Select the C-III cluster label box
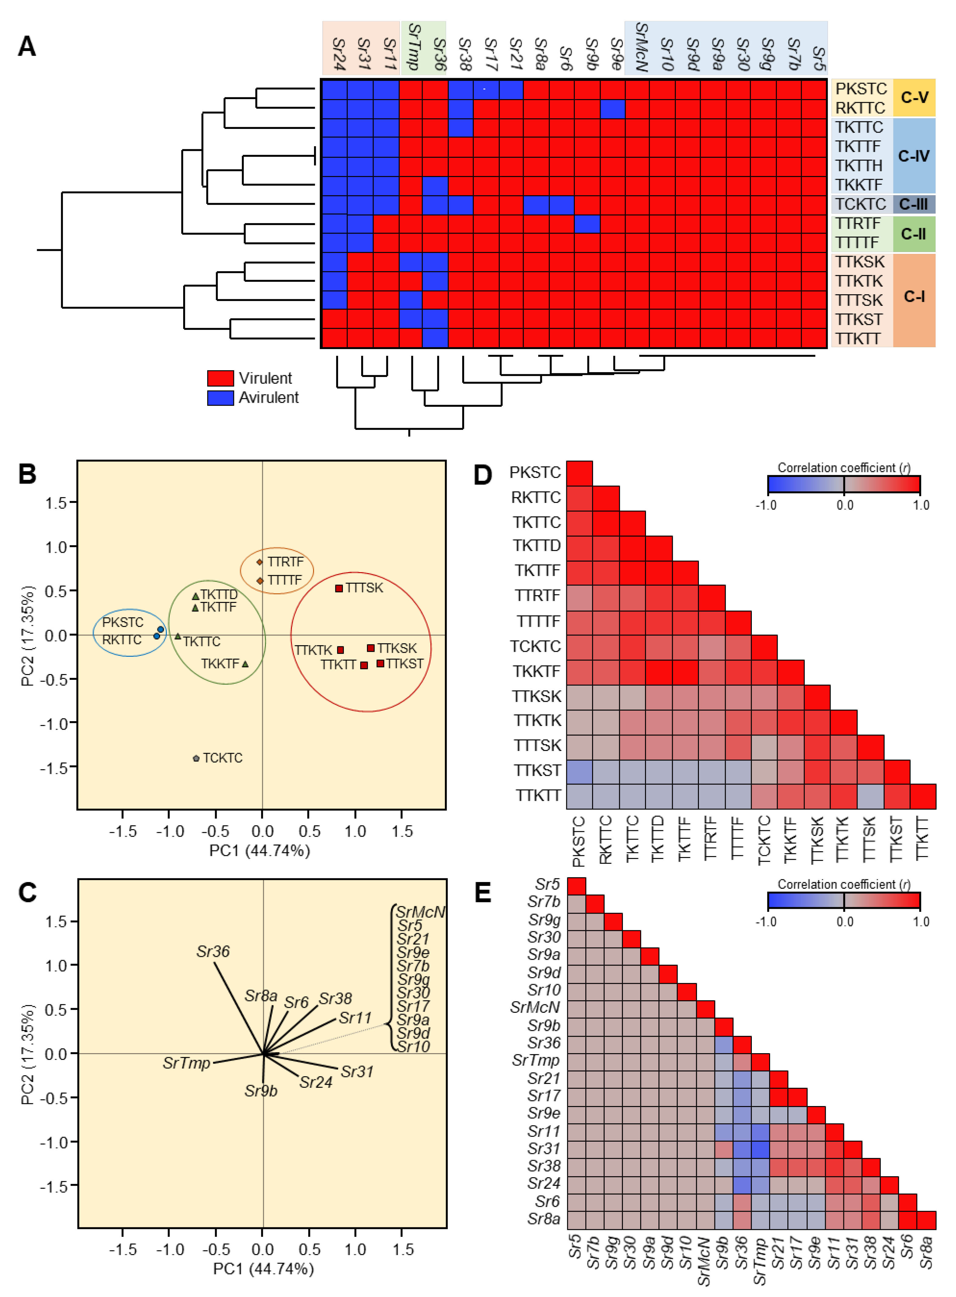(913, 204)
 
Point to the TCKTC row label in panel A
(860, 204)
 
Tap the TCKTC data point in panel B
(196, 758)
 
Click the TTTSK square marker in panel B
(339, 588)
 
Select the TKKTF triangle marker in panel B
(245, 664)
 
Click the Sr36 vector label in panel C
(213, 951)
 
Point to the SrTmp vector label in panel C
(186, 1063)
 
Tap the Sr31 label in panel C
(357, 1071)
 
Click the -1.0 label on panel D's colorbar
(766, 505)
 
